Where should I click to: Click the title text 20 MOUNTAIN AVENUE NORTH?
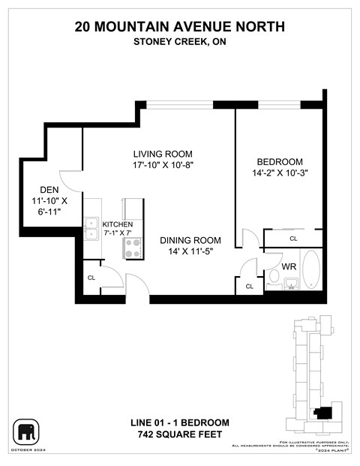(180, 27)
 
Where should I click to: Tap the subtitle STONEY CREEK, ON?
(180, 42)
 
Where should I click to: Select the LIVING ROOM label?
(156, 153)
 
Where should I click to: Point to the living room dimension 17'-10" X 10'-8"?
(156, 166)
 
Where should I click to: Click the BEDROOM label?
(280, 161)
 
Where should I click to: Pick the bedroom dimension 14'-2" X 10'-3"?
(280, 173)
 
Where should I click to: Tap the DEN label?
(37, 190)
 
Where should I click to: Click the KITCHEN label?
(117, 224)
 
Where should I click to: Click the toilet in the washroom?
(274, 278)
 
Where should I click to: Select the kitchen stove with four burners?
(133, 248)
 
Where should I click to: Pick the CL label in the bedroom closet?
(293, 239)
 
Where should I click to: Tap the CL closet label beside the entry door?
(91, 278)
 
